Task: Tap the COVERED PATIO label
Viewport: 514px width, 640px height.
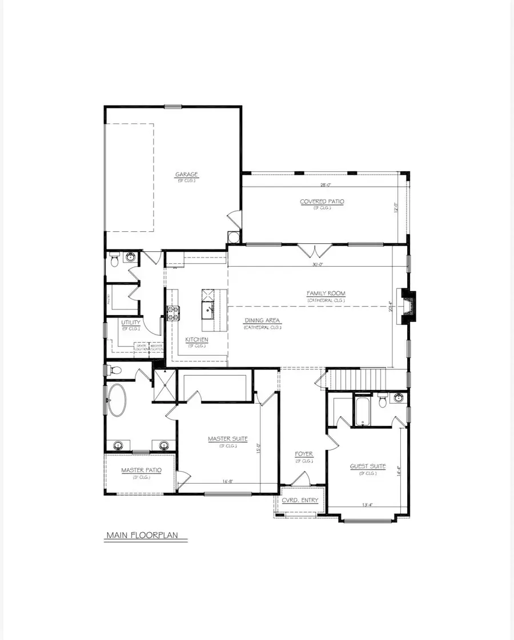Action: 322,202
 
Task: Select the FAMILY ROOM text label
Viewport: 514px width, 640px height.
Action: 326,293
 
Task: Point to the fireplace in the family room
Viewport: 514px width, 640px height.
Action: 408,308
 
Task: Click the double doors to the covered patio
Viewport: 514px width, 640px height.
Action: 314,250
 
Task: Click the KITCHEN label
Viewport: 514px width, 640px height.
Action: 196,340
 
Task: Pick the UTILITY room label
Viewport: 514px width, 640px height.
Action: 130,323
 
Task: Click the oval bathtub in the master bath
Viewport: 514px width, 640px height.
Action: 119,399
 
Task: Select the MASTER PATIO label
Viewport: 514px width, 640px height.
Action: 141,470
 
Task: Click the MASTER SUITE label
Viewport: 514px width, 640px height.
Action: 227,438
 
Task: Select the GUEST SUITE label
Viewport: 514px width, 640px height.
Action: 368,466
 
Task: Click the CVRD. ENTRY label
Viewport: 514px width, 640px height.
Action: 300,501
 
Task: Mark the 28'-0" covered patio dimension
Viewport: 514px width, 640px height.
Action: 326,185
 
